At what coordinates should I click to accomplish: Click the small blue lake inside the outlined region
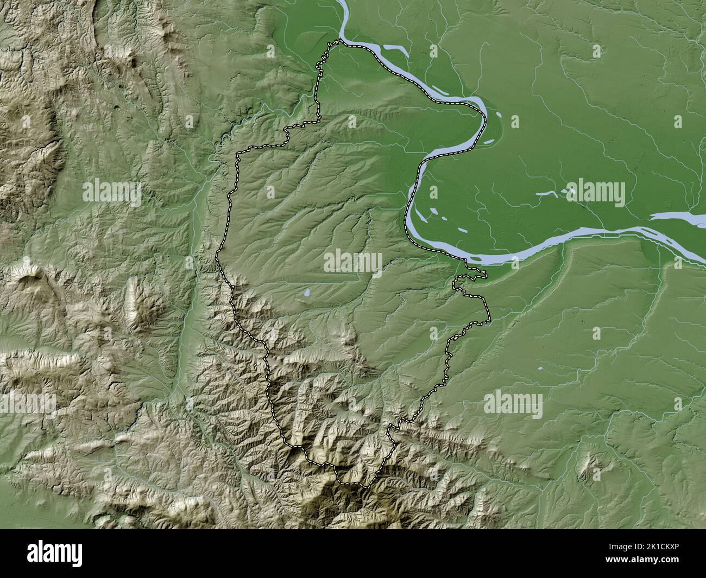[307, 294]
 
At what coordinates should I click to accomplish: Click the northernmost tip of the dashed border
[341, 40]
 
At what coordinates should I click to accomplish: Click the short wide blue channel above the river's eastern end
[676, 217]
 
